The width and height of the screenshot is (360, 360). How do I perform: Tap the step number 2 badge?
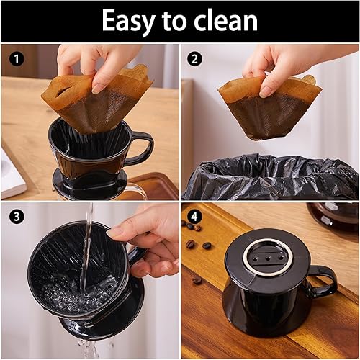[x=195, y=57]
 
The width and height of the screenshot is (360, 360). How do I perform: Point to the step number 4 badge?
[x=195, y=215]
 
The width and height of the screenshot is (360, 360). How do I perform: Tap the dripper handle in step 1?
[x=142, y=148]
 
